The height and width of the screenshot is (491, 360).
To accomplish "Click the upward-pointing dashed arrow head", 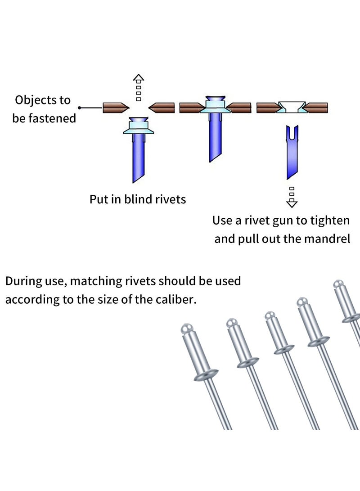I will [x=139, y=78].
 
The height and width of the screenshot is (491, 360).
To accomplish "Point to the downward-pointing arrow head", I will [x=292, y=204].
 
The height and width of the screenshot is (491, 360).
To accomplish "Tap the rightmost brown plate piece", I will [x=317, y=108].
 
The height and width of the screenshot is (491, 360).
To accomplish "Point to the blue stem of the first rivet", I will [x=138, y=158].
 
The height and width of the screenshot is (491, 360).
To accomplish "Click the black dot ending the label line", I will [x=80, y=108].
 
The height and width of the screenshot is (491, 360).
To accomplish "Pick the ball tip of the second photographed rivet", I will [x=232, y=323].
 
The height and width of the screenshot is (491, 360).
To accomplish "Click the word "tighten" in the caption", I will [x=328, y=221].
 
